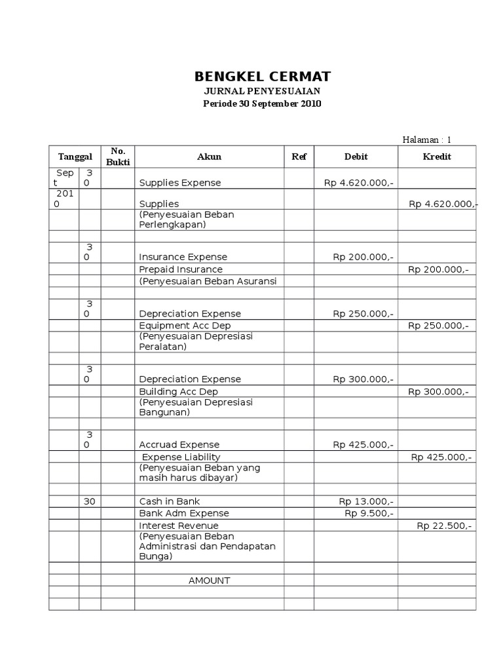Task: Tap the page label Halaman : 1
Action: tap(426, 140)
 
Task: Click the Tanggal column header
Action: tap(75, 157)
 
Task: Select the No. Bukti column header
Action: tap(118, 157)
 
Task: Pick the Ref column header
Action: tap(299, 157)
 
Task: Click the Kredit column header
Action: tap(437, 157)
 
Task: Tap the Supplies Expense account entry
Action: tap(180, 183)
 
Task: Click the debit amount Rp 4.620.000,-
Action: tap(358, 183)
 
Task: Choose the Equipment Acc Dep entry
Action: tap(185, 326)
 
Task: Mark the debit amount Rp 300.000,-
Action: tap(363, 379)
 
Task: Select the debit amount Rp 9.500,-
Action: tap(369, 514)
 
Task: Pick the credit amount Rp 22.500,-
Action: tap(444, 526)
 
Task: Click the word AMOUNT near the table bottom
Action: tap(210, 581)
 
